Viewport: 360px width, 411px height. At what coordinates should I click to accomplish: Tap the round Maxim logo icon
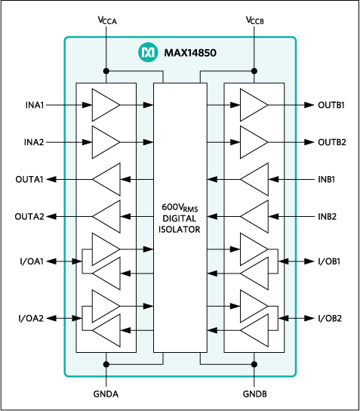(146, 52)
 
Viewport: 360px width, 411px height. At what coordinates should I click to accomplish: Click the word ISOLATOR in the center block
(180, 229)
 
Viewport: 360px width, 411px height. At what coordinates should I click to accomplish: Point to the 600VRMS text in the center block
(180, 206)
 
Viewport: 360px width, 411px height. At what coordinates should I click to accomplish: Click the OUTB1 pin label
(331, 106)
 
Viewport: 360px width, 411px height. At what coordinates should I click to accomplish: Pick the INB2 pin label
(327, 217)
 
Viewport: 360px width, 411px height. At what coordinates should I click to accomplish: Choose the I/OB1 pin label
(329, 261)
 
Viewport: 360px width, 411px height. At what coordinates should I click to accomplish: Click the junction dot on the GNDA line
(106, 364)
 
